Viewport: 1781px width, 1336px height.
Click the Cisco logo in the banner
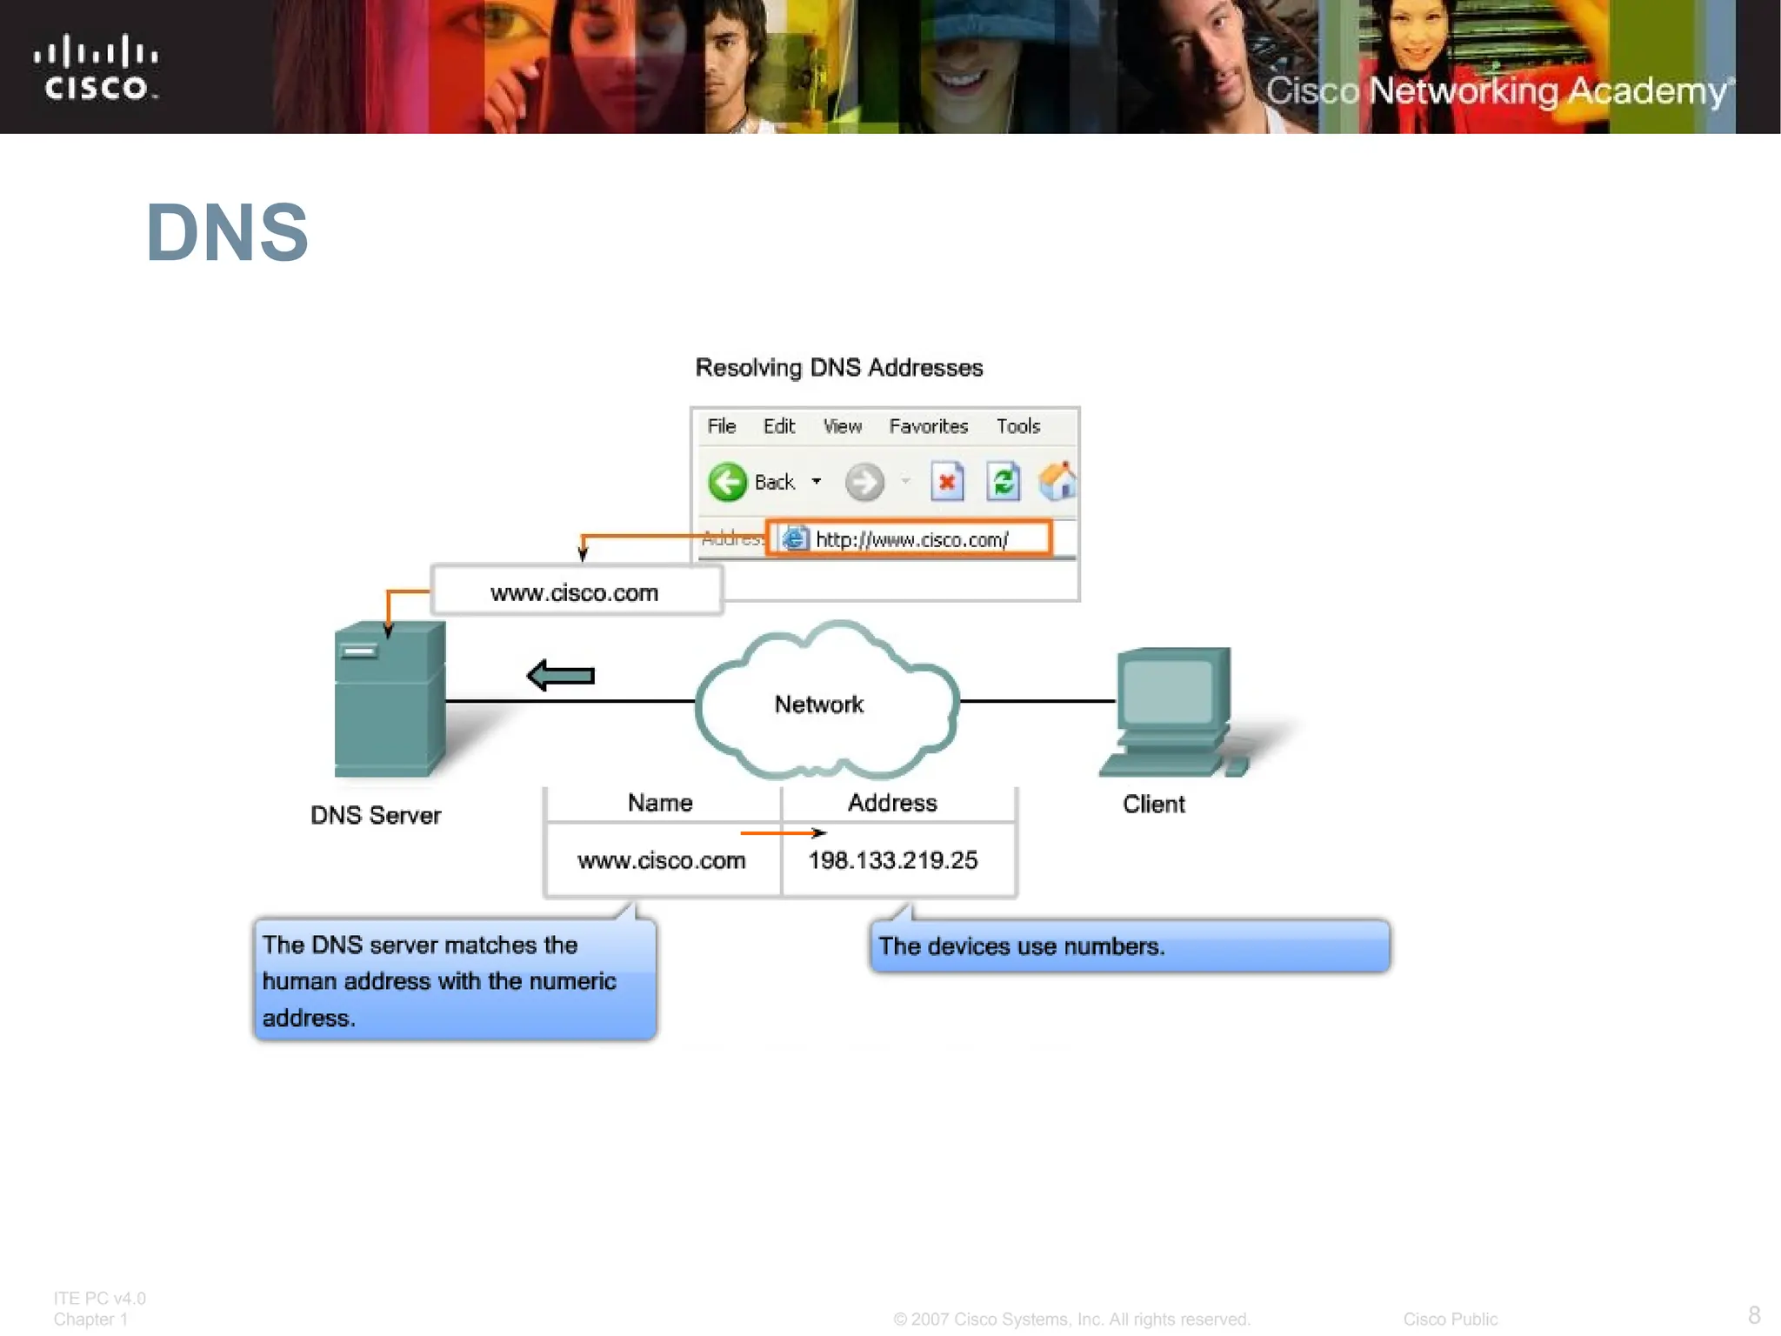click(x=96, y=68)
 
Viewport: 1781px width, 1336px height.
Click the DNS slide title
click(x=227, y=232)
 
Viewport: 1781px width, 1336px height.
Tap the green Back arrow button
click(x=727, y=482)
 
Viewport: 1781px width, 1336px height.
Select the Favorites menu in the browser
click(x=928, y=426)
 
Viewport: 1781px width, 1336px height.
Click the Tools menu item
click(x=1017, y=426)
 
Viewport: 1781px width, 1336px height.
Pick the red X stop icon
click(x=947, y=482)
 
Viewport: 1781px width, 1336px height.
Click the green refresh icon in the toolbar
click(x=1003, y=482)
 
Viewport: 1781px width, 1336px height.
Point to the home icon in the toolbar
click(x=1057, y=482)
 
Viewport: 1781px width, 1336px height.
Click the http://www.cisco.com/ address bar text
click(x=911, y=540)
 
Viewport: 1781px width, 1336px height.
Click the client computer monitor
click(x=1172, y=691)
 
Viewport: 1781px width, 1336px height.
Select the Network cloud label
click(x=819, y=705)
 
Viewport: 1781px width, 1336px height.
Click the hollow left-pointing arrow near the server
click(x=561, y=676)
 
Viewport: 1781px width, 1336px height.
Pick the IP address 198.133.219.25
click(x=893, y=860)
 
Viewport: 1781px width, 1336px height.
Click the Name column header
click(x=660, y=803)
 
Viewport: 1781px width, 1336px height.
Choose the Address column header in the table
click(x=892, y=803)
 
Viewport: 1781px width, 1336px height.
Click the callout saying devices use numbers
click(x=1129, y=946)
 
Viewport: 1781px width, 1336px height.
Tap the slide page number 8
click(x=1754, y=1314)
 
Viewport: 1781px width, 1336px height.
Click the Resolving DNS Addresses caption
click(x=839, y=368)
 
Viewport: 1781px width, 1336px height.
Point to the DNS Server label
click(x=376, y=816)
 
